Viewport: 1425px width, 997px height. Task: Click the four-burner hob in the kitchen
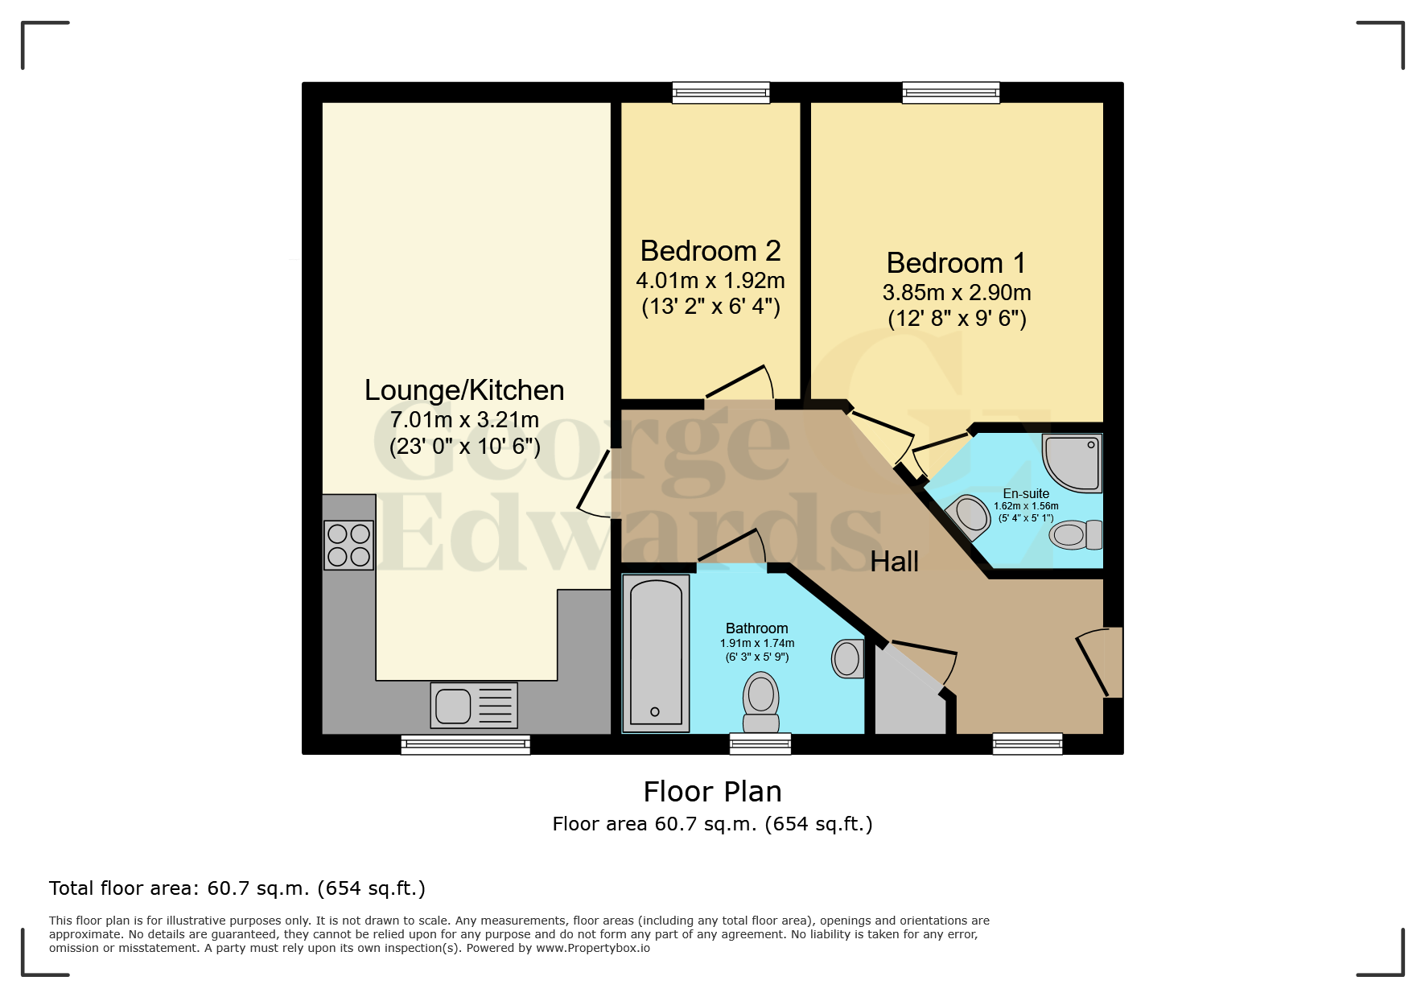[x=348, y=545]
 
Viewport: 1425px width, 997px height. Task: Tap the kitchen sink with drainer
[x=473, y=706]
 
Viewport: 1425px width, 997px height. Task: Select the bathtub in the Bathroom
[x=656, y=653]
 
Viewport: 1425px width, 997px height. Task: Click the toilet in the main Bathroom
[x=760, y=701]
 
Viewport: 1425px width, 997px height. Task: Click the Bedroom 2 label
[x=710, y=251]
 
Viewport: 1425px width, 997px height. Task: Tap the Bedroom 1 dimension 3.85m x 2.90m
[x=956, y=293]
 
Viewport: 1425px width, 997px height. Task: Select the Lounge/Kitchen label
[x=464, y=390]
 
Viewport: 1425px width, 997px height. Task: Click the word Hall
[x=894, y=562]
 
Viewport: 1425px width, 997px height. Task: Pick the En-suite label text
[x=1025, y=493]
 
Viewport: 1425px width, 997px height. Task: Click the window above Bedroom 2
[x=721, y=93]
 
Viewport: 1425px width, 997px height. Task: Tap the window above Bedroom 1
[x=950, y=93]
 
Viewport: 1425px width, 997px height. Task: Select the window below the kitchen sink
[x=465, y=744]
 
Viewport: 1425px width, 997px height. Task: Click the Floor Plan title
[x=712, y=792]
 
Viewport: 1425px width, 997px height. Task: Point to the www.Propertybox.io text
[x=593, y=948]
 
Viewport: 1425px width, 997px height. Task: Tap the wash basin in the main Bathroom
[x=847, y=658]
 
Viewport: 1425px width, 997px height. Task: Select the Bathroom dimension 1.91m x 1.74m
[x=756, y=643]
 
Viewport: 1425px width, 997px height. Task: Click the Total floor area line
[x=237, y=888]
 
